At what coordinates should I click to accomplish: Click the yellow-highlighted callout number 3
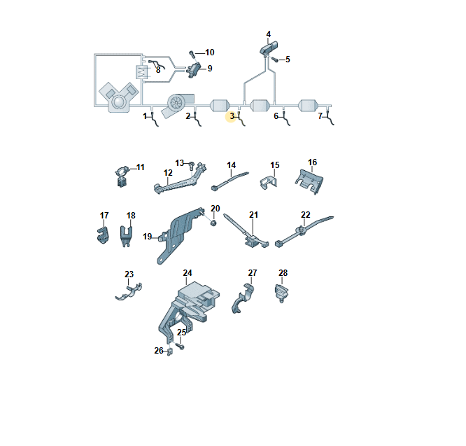232,116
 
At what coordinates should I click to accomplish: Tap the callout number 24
188,272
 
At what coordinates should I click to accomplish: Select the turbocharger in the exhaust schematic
178,104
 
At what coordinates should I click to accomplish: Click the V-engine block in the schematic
119,97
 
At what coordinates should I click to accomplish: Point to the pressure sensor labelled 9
194,70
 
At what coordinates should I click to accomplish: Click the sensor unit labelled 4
269,48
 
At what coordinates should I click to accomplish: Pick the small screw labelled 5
275,60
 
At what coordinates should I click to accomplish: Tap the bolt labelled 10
192,55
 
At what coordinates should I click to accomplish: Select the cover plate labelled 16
309,181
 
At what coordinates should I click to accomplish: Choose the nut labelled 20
213,223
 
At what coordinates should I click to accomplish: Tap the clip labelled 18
126,235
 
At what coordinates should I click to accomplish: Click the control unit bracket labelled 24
188,309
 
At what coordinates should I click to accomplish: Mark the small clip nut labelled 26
170,352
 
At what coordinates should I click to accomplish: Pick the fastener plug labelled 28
282,293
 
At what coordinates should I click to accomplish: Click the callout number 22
306,214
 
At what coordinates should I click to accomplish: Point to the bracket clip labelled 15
269,182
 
